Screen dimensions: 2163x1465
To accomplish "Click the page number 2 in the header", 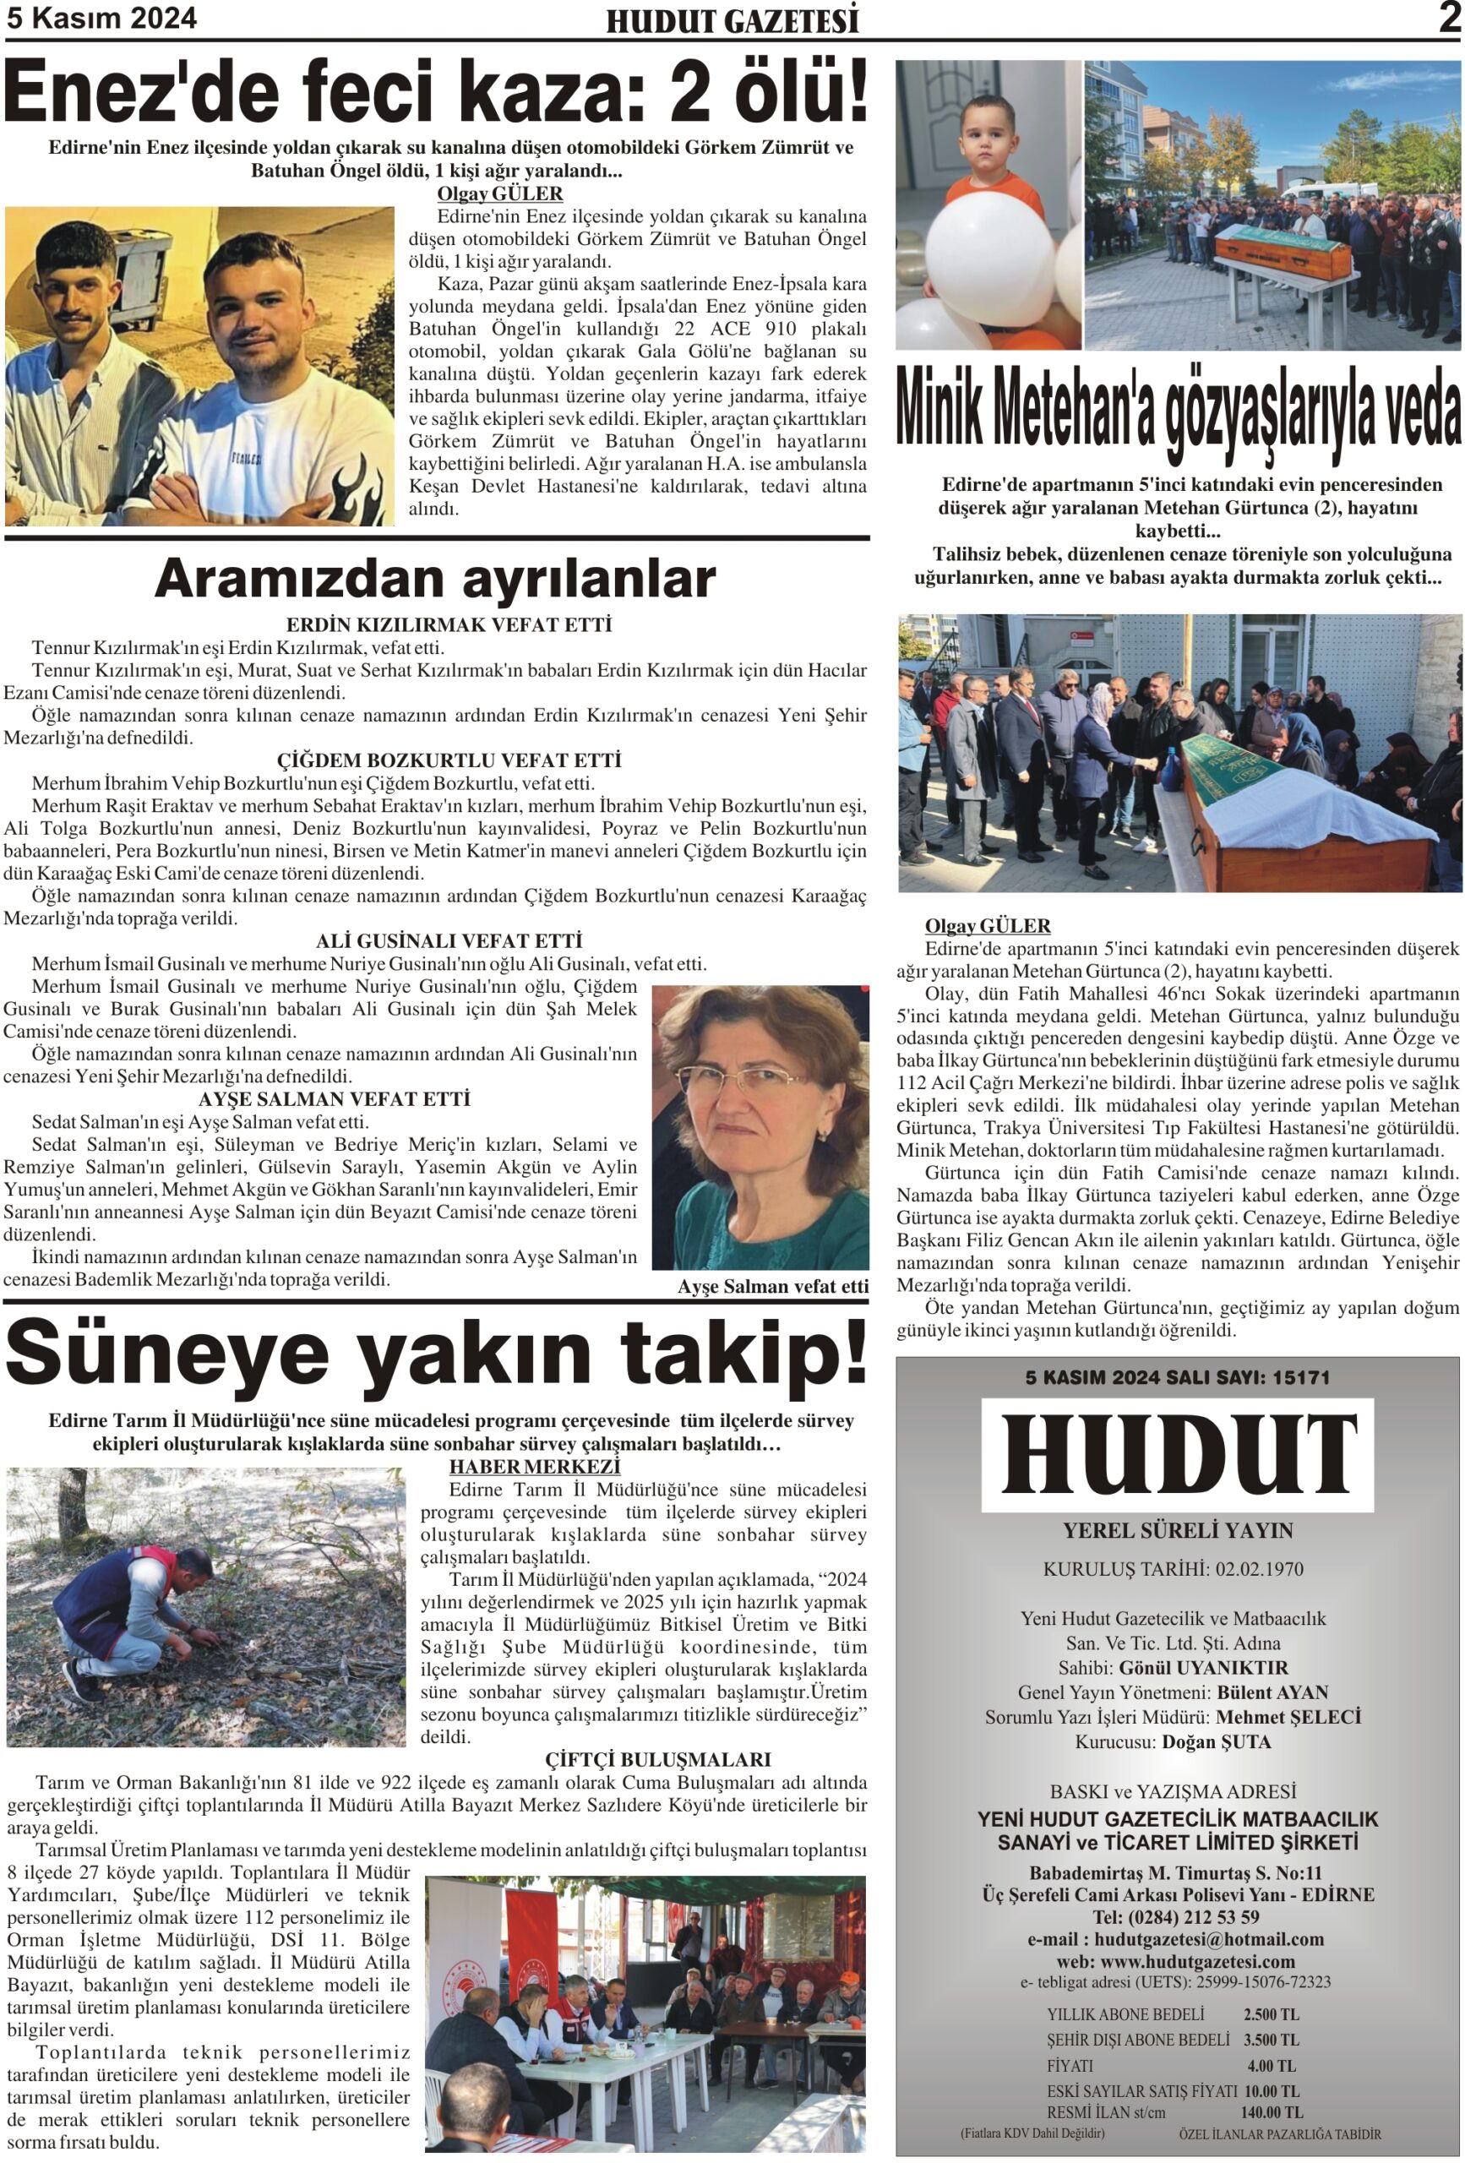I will tap(1448, 18).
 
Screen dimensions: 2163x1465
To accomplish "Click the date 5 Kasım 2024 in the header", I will tap(101, 19).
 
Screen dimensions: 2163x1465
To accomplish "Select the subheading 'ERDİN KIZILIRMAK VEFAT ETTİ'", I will tap(449, 624).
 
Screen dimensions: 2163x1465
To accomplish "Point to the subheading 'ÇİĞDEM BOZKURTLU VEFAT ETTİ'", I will tap(449, 760).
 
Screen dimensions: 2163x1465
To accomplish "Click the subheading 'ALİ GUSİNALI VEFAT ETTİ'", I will tap(449, 941).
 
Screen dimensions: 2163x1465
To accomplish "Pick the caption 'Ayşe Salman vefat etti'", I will tap(772, 1286).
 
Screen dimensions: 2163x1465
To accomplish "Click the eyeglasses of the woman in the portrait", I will tap(740, 1079).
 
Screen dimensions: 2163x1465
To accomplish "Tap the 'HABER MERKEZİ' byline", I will tap(534, 1467).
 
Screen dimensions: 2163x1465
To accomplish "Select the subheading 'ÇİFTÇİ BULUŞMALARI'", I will tap(657, 1759).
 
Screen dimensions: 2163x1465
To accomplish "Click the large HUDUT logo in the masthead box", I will tap(1178, 1457).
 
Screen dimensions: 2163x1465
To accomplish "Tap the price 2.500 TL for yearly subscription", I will tap(1272, 2015).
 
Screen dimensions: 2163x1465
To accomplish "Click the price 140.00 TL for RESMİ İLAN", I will tap(1272, 2113).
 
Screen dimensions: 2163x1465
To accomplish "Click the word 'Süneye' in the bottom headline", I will tap(167, 1354).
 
